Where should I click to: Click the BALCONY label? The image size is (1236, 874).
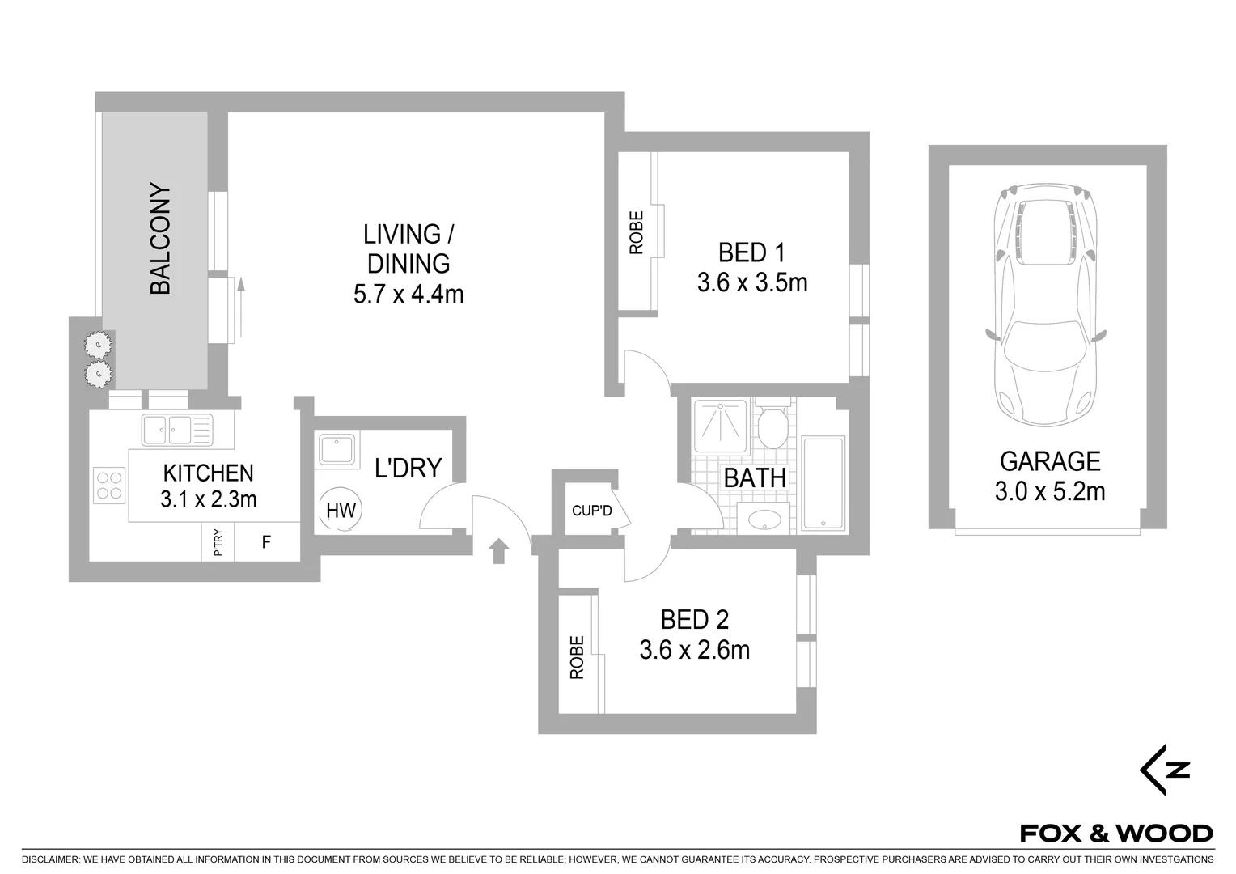160,240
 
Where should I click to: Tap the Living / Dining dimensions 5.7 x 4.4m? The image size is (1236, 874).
408,294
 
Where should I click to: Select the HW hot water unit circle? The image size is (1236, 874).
341,511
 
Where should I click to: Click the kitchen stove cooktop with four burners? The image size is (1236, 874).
109,485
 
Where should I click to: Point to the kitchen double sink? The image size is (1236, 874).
176,430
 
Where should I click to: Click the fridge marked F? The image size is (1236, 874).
266,542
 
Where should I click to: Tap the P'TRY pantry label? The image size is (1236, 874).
218,542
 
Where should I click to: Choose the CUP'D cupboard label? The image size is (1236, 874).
591,511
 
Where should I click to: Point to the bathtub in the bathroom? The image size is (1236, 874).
823,484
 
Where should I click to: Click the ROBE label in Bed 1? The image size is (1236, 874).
637,233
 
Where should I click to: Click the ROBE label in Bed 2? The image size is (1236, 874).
577,657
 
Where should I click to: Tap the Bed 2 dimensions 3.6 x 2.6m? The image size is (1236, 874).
694,650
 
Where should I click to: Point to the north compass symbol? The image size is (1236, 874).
1165,770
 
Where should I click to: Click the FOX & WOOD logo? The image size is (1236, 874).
1115,833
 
